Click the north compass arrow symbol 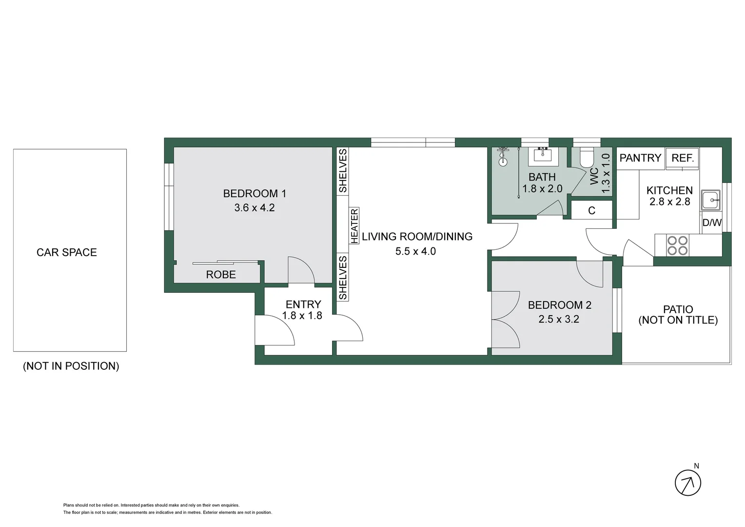687,483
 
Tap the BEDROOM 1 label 255,194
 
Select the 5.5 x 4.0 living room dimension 415,251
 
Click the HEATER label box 354,225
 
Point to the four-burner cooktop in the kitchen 677,245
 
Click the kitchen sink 710,200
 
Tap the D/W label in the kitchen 712,223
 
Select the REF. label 682,158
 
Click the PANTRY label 640,158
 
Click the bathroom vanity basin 543,155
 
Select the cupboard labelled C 591,211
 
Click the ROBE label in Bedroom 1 221,275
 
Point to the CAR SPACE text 67,252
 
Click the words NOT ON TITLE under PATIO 678,321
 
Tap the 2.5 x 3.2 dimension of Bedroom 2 559,319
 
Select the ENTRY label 303,304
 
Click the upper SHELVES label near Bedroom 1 343,171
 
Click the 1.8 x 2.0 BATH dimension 542,189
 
